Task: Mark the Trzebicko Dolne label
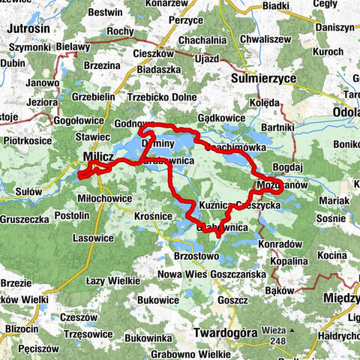[162, 97]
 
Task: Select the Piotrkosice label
[28, 139]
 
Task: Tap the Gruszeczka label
[25, 219]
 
